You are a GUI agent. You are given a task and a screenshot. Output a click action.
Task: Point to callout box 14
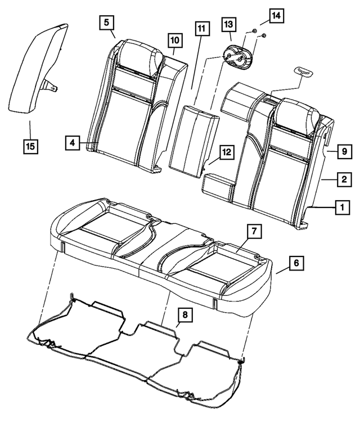tap(276, 16)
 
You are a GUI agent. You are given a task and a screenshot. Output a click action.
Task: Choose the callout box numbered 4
tap(71, 143)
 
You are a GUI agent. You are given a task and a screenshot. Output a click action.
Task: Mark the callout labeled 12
tap(226, 151)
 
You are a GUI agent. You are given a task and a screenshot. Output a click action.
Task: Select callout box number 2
tap(341, 179)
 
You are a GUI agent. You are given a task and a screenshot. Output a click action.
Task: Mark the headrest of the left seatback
tap(138, 56)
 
